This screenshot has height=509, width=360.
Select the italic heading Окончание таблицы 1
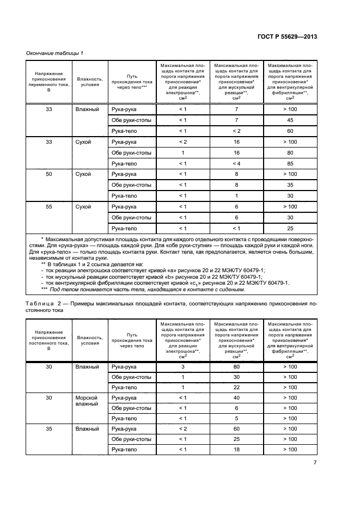(x=55, y=52)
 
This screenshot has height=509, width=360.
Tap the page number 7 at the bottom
(x=315, y=463)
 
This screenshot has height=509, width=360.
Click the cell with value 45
(x=290, y=120)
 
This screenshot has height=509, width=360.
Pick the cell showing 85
(x=290, y=163)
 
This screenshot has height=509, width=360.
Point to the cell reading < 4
(x=236, y=163)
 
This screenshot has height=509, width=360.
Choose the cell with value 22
(x=236, y=387)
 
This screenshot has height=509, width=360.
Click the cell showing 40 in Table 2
(x=236, y=398)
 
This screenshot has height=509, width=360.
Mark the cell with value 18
(x=236, y=449)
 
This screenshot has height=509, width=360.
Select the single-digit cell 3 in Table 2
(x=183, y=367)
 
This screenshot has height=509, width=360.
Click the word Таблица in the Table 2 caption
(x=42, y=303)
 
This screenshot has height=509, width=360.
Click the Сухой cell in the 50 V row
(x=86, y=174)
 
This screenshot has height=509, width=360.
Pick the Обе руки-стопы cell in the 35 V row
(x=131, y=439)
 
